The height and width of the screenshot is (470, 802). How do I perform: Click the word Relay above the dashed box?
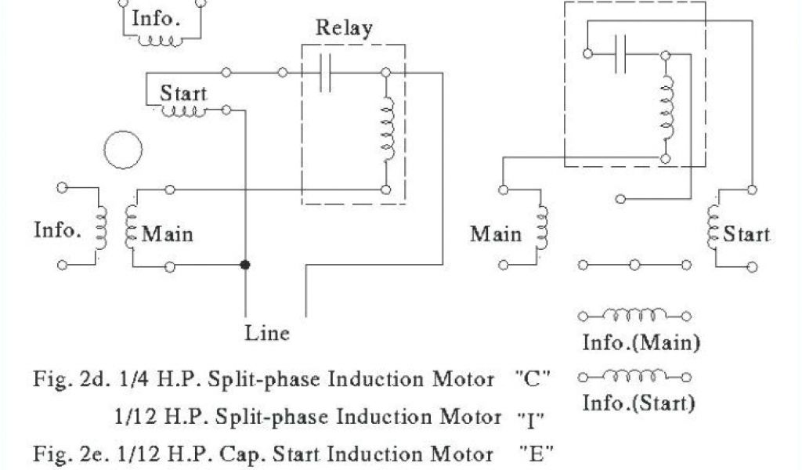[344, 29]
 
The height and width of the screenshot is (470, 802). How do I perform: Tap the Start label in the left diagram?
[183, 93]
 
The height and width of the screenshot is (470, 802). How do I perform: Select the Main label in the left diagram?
[168, 233]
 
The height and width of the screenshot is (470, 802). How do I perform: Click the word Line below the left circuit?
[267, 332]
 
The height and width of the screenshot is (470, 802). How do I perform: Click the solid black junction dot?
[245, 266]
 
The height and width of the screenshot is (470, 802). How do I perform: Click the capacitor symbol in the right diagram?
[621, 54]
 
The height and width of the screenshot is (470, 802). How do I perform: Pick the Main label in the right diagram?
[496, 233]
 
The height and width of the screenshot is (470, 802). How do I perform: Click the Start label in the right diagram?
[746, 233]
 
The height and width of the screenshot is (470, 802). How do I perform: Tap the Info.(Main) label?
[641, 342]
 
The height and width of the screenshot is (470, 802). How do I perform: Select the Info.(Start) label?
[639, 404]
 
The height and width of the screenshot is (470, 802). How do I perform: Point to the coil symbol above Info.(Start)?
[635, 378]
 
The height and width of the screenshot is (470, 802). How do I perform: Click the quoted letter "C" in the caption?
[533, 381]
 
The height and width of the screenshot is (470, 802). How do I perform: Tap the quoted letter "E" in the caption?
[536, 453]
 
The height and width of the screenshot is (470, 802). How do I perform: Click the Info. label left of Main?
[58, 230]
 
